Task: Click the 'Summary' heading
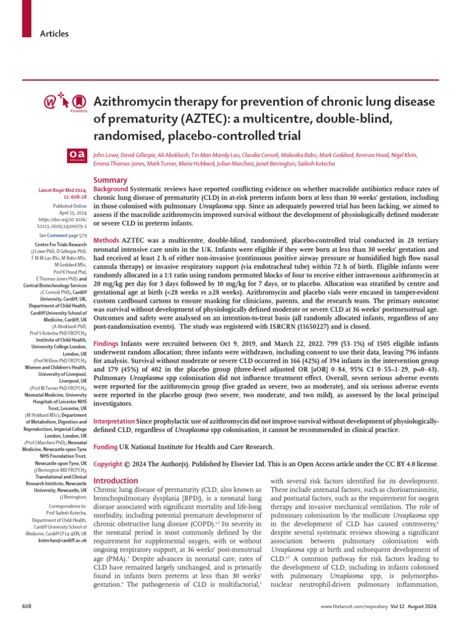110,180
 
